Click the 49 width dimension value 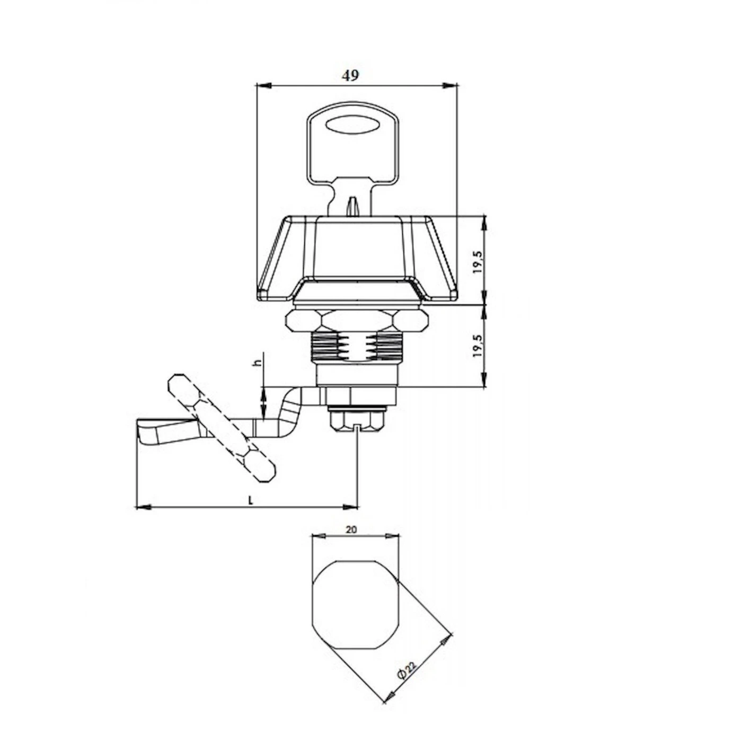click(350, 76)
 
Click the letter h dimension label click(259, 363)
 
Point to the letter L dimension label click(251, 500)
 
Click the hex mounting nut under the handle click(356, 320)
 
